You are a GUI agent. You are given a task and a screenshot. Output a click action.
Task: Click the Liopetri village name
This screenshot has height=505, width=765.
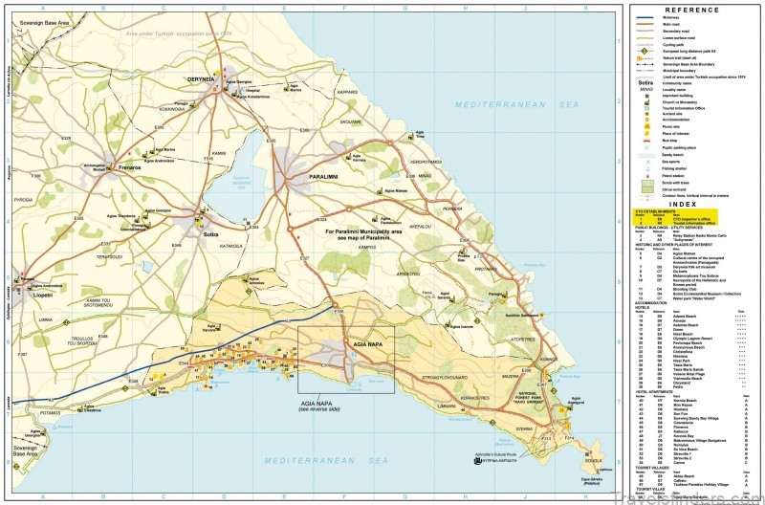(40, 298)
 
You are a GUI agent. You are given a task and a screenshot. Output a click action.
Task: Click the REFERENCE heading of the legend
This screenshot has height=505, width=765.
(690, 10)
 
